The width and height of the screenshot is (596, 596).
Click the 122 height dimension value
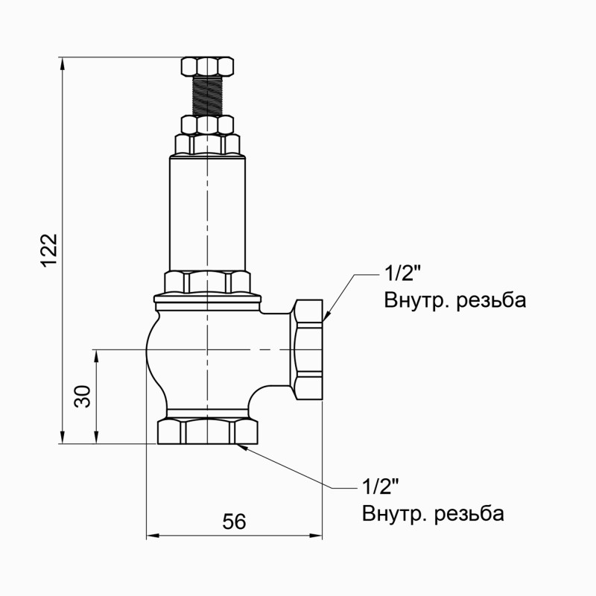49,250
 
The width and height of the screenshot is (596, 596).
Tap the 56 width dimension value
234,522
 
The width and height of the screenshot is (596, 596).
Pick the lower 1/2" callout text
380,487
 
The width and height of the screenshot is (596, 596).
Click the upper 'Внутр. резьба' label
455,300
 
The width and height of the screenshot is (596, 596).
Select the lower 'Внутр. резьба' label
433,514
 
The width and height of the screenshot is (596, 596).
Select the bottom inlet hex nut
207,432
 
